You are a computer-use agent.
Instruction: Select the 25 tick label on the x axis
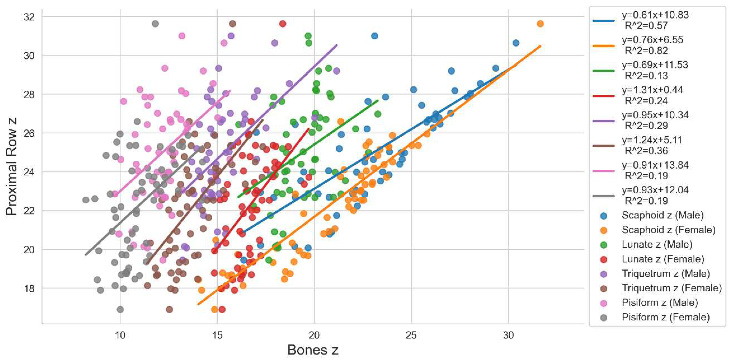pos(411,335)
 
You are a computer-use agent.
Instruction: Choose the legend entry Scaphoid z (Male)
pos(663,215)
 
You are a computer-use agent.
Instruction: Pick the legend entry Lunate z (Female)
pos(663,259)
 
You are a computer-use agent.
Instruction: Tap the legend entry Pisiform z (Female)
pos(666,317)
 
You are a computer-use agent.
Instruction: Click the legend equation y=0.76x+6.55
pos(652,40)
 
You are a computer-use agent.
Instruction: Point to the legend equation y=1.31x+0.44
pos(652,90)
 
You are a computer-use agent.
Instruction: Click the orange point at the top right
pos(540,24)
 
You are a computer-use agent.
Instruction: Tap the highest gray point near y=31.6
pos(155,24)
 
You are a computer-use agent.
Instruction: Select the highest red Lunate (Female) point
pos(283,24)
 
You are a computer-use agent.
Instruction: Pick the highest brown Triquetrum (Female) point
pos(232,24)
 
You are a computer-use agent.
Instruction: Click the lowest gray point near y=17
pos(120,309)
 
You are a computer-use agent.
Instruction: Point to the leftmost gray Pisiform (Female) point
pos(86,200)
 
